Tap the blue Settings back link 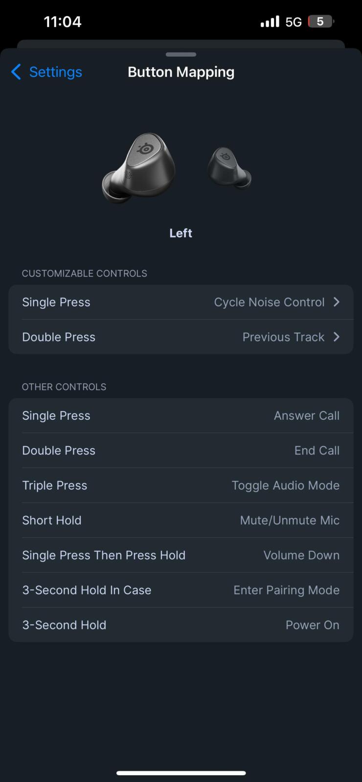tap(47, 72)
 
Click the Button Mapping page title tap(181, 72)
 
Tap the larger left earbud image tap(139, 168)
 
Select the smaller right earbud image tap(229, 168)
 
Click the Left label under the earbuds tap(181, 233)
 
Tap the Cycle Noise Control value tap(270, 302)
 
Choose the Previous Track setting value tap(283, 337)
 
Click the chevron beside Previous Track tap(337, 337)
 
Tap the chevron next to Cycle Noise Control tap(337, 302)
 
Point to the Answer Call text tap(307, 415)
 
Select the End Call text tap(317, 450)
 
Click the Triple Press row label tap(55, 486)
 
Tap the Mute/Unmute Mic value tap(290, 520)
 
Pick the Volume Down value tap(301, 555)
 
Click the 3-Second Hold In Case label tap(87, 590)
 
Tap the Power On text tap(313, 625)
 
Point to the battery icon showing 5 tap(321, 22)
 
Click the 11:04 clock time tap(63, 22)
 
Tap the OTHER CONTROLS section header tap(64, 387)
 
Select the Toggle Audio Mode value tap(286, 486)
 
